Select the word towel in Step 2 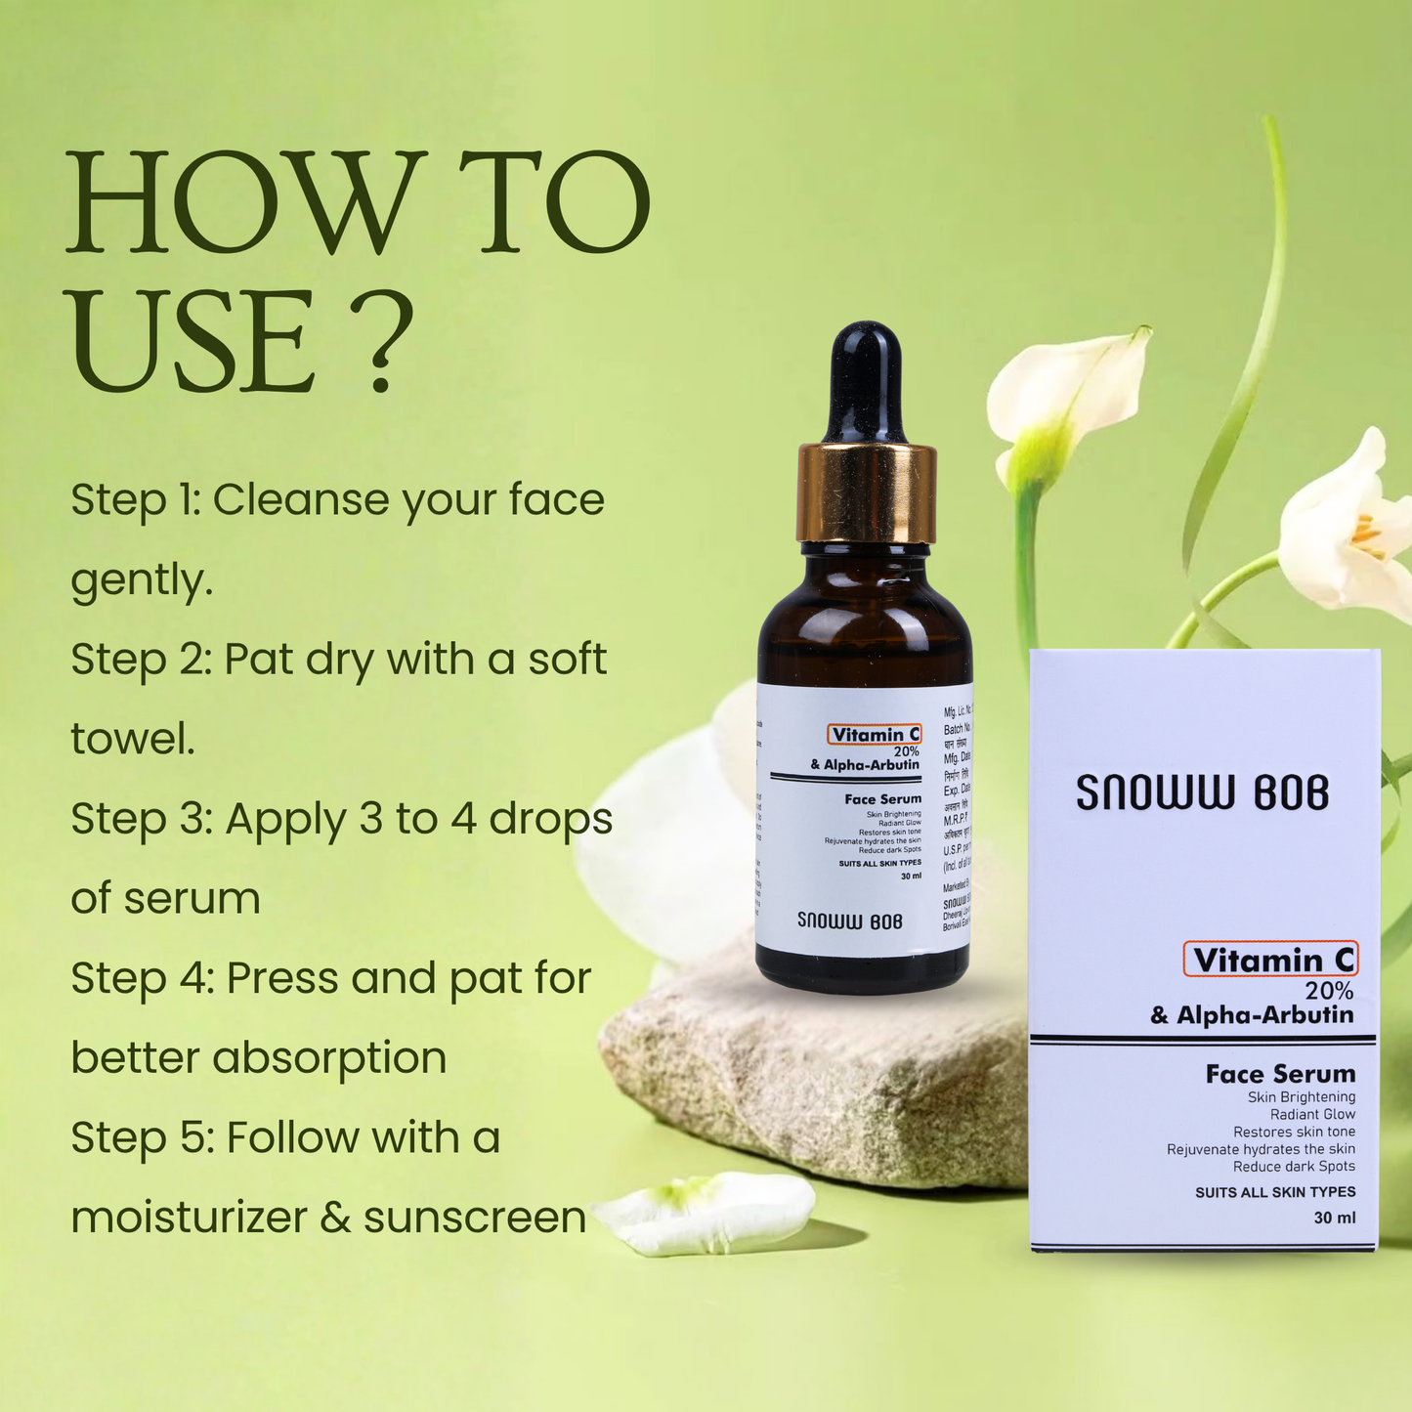tap(132, 739)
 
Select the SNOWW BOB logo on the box tap(1202, 792)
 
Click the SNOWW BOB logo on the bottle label tap(849, 920)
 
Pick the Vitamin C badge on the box tap(1271, 960)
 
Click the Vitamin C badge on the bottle tap(875, 735)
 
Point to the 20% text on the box tap(1329, 991)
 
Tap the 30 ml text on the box tap(1334, 1218)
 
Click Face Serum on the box tap(1280, 1074)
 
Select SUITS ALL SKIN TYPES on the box tap(1274, 1192)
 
